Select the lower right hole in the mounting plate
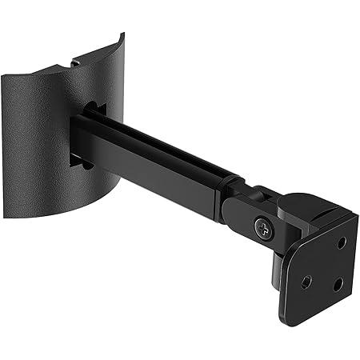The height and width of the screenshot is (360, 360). coord(337,284)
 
